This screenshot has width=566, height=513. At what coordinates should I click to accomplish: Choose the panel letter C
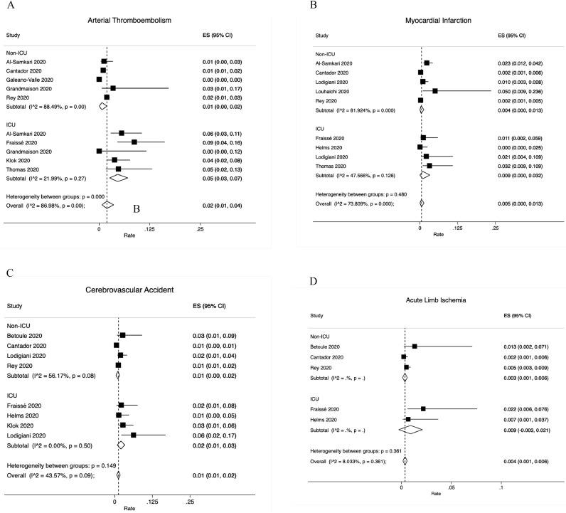coord(8,273)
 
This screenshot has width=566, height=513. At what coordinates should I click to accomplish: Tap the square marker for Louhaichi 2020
coord(434,91)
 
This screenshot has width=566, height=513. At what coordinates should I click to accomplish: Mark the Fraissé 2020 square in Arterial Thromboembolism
coord(134,142)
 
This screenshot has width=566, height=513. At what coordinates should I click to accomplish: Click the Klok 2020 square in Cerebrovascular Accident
coord(123,425)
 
